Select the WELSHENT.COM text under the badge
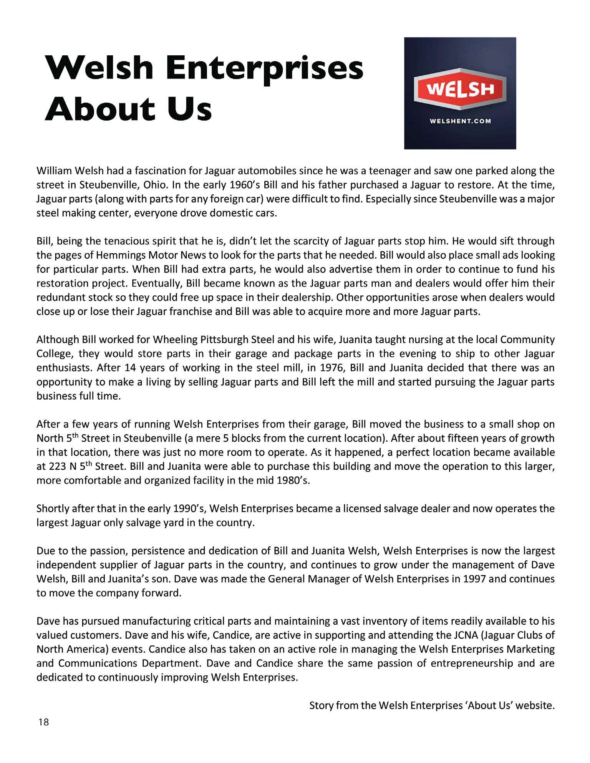tap(460, 121)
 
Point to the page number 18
tap(44, 722)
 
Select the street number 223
tap(58, 467)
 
